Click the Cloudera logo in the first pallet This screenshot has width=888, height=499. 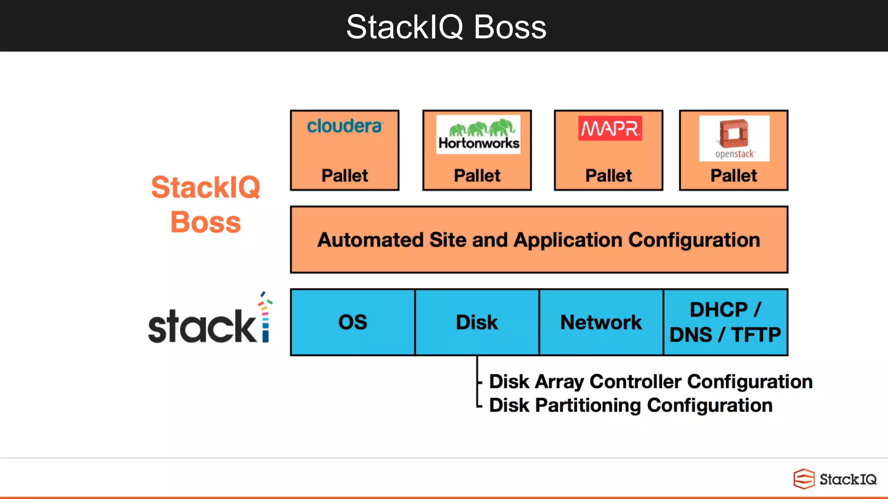345,126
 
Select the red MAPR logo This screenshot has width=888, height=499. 610,128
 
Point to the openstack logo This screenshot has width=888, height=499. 734,138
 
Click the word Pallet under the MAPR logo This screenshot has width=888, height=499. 608,176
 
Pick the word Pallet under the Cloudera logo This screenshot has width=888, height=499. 345,176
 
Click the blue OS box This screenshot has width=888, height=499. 353,322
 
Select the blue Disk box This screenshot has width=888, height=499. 477,322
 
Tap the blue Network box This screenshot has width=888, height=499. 601,322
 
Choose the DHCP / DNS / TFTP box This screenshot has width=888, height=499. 725,322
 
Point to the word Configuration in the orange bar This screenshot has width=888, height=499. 694,240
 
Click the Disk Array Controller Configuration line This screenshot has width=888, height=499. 650,382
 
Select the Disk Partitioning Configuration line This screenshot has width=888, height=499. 630,405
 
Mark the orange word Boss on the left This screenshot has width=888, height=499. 206,222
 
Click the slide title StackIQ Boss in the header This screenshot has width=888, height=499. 446,27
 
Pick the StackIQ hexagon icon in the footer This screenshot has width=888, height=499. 803,479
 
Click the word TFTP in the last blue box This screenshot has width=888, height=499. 756,335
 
